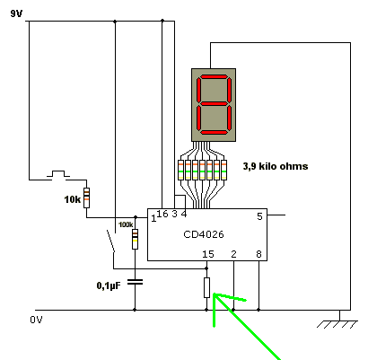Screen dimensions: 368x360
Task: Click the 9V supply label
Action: (16, 13)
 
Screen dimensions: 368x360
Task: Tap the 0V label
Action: (36, 320)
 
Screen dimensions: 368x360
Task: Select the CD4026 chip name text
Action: (204, 234)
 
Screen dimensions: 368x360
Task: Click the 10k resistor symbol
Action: (86, 198)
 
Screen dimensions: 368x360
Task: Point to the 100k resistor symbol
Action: (136, 239)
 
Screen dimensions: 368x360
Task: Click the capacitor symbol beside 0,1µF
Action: (135, 282)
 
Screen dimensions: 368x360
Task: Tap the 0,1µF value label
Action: (109, 286)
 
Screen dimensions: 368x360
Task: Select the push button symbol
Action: (58, 174)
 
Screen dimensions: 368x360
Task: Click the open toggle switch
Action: (111, 241)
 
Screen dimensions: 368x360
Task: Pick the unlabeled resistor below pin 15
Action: (206, 287)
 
